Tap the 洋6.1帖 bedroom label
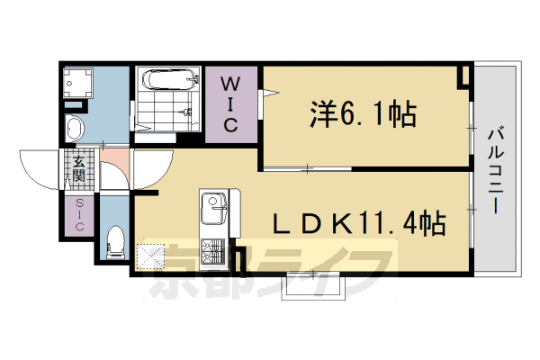[364, 113]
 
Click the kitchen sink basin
[213, 211]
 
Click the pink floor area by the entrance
[114, 168]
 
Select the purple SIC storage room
[78, 216]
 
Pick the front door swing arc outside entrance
[45, 166]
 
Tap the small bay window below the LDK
[312, 284]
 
